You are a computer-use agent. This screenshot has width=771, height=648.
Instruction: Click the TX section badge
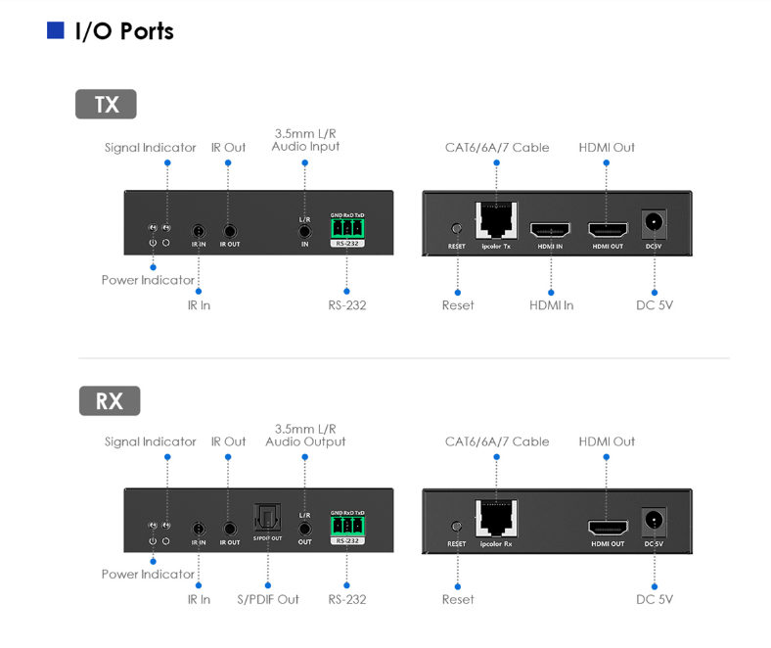[x=106, y=104]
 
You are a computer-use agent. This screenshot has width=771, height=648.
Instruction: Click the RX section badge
[x=109, y=400]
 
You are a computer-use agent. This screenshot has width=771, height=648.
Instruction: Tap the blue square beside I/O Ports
[x=56, y=31]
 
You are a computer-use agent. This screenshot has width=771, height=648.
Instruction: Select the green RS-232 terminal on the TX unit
[x=347, y=228]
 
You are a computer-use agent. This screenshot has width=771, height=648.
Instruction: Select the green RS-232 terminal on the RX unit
[x=347, y=526]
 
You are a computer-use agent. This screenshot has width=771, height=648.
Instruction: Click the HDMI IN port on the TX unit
[x=550, y=230]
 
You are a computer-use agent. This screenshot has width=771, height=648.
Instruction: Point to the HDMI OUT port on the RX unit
[x=607, y=528]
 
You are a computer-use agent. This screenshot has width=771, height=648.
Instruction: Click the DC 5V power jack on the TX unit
[x=654, y=224]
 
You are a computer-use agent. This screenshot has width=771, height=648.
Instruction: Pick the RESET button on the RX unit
[x=456, y=527]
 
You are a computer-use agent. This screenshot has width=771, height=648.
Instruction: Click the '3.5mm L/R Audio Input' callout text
[x=305, y=139]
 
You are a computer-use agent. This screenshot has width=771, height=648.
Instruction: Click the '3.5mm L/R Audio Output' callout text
[x=305, y=435]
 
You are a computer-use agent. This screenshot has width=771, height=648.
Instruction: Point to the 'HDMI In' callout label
[x=551, y=305]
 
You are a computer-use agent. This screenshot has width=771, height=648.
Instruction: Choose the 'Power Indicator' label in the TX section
[x=148, y=280]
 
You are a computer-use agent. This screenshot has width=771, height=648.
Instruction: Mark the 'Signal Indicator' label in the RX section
[x=150, y=441]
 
